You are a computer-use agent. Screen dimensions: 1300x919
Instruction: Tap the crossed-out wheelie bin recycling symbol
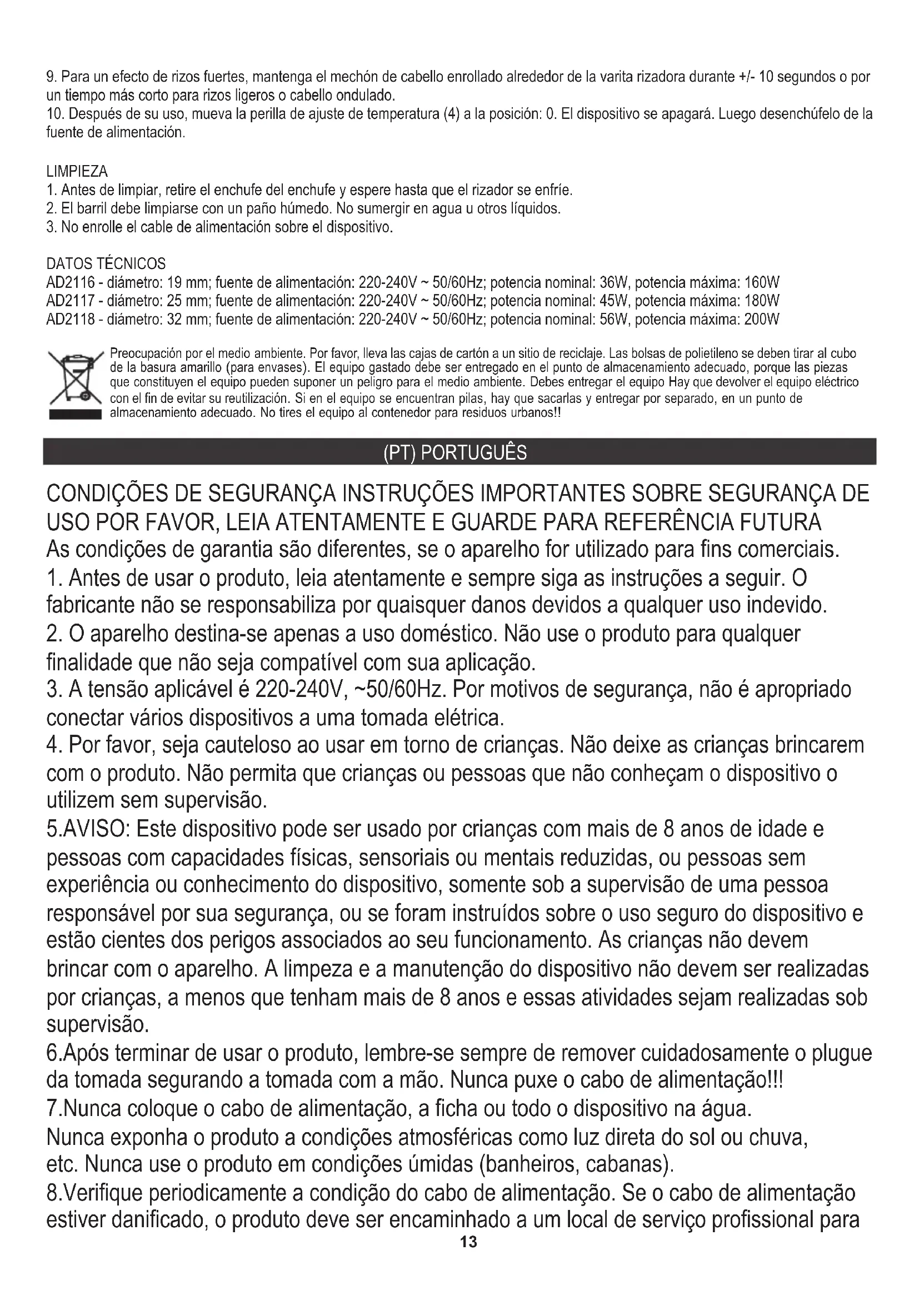point(75,383)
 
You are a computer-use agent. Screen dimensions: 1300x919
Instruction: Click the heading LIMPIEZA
point(77,171)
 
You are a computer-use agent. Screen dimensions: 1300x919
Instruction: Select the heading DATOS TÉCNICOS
point(106,263)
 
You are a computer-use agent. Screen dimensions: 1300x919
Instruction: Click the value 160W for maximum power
point(762,282)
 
